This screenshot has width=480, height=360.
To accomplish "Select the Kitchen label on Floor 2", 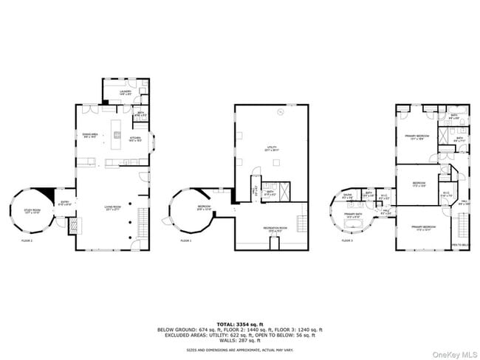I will point(135,138).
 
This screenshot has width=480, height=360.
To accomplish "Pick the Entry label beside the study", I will point(65,203).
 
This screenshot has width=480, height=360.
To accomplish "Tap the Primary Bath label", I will point(352,216).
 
